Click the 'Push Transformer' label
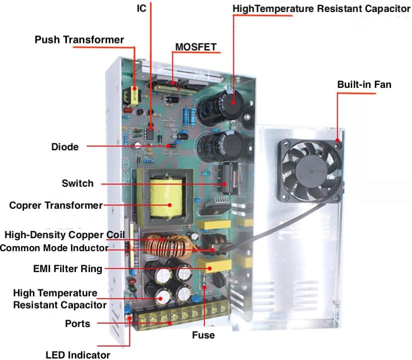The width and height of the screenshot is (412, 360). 79,39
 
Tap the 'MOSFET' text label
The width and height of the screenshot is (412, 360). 196,47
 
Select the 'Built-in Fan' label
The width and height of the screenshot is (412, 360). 364,84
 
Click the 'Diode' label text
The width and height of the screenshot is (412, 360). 65,147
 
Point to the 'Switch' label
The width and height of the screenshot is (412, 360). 77,183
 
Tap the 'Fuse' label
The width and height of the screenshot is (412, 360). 203,335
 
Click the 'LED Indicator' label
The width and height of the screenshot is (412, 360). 78,355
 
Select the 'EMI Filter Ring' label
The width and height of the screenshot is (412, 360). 67,269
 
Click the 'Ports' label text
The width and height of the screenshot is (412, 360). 77,324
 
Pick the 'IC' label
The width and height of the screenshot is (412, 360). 141,8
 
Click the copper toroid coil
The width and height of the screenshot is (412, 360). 169,246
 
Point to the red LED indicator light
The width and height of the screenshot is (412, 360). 129,319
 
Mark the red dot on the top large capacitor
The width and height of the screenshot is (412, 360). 233,102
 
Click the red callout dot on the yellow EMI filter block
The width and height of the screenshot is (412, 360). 210,268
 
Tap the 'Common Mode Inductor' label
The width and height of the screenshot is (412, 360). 54,248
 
